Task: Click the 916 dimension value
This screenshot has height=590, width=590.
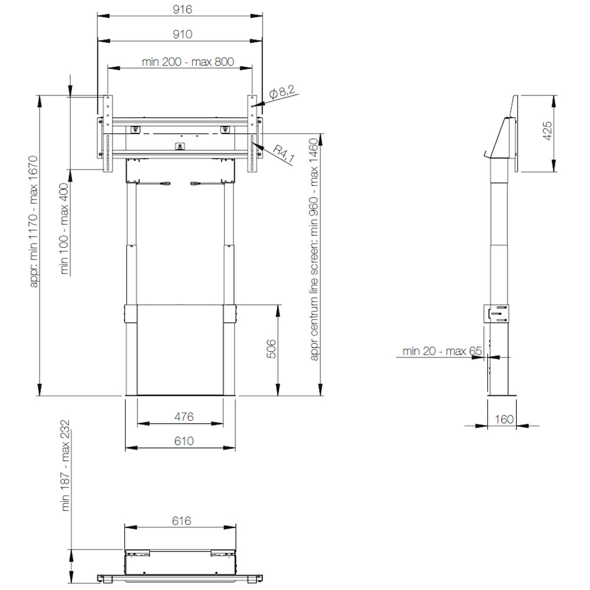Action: coord(182,9)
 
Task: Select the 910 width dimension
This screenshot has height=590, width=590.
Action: coord(182,34)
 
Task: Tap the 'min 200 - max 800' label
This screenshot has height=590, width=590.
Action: coord(188,61)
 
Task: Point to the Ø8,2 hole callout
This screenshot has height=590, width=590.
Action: coord(282,92)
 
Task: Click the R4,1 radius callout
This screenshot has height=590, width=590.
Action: coord(283,155)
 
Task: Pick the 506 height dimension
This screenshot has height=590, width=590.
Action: coord(271,349)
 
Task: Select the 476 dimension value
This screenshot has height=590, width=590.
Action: coord(184,417)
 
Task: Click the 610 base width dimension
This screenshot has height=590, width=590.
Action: coord(184,441)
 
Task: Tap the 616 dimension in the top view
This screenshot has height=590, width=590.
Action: coord(182,521)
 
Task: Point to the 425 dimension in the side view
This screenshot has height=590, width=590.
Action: coord(548,130)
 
